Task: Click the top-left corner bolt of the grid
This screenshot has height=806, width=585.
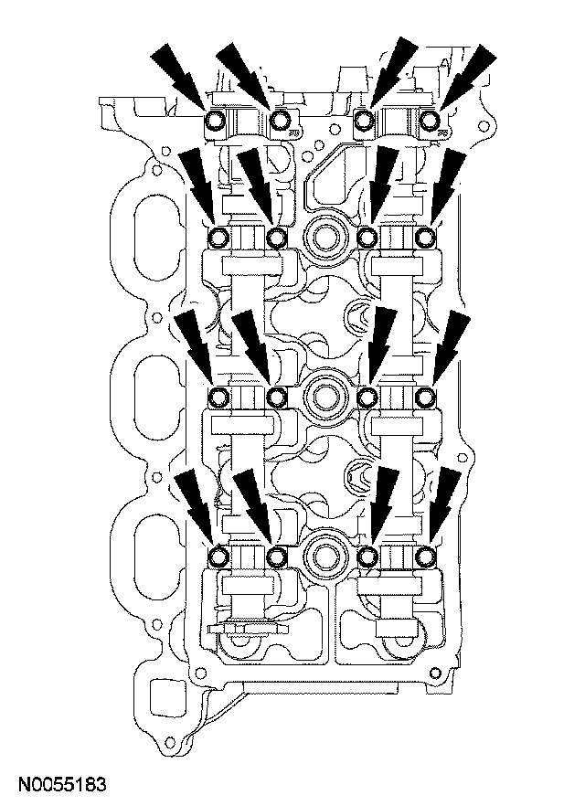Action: [217, 121]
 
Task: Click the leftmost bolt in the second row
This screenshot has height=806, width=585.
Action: [219, 239]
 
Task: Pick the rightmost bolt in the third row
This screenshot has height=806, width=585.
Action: [426, 397]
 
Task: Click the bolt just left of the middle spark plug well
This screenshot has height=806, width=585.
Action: [277, 397]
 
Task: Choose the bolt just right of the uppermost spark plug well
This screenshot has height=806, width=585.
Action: [367, 239]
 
